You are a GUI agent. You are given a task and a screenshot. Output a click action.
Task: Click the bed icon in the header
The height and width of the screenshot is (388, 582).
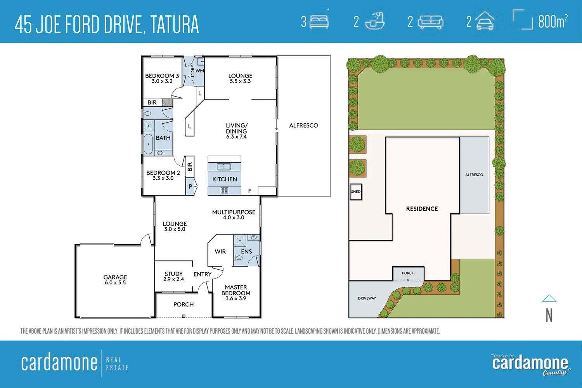[x=319, y=22]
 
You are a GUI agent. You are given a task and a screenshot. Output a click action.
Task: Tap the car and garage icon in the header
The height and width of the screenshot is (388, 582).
[x=485, y=21]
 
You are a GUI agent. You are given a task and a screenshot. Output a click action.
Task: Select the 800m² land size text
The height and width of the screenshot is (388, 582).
[x=553, y=22]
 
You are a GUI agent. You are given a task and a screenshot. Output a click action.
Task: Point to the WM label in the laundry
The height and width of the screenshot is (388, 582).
[x=199, y=71]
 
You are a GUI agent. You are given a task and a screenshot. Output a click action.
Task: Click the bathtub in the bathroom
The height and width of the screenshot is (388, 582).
[x=148, y=144]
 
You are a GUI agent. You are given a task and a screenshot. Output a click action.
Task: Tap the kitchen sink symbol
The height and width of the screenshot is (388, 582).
[x=224, y=167]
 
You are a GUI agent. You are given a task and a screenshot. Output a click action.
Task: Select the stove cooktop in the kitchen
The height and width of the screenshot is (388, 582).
[x=224, y=191]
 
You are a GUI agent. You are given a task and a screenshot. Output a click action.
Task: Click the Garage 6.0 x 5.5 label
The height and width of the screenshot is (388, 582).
[x=115, y=280]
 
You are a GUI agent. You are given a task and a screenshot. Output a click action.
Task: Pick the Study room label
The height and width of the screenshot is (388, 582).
[x=173, y=276]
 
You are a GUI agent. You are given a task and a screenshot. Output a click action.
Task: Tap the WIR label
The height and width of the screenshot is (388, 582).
[x=220, y=251]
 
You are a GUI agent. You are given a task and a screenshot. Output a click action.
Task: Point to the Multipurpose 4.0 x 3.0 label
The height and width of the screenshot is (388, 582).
[x=234, y=215]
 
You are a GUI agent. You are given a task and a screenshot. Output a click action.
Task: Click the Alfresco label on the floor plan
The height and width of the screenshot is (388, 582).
[x=303, y=125]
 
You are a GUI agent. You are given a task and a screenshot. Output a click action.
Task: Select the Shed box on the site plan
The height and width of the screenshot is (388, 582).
[x=356, y=192]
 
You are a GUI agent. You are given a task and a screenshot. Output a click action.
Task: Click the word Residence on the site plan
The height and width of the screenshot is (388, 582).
[x=422, y=209]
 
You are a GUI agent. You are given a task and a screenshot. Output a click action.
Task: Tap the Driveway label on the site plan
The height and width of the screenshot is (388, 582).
[x=367, y=298]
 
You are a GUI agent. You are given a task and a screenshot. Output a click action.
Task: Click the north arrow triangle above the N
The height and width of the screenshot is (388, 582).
[x=549, y=298]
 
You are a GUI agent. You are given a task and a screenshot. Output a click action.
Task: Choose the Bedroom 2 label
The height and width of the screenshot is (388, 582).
[x=163, y=175]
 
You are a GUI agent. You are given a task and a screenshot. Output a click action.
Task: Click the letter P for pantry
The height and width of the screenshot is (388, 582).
[x=190, y=187]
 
